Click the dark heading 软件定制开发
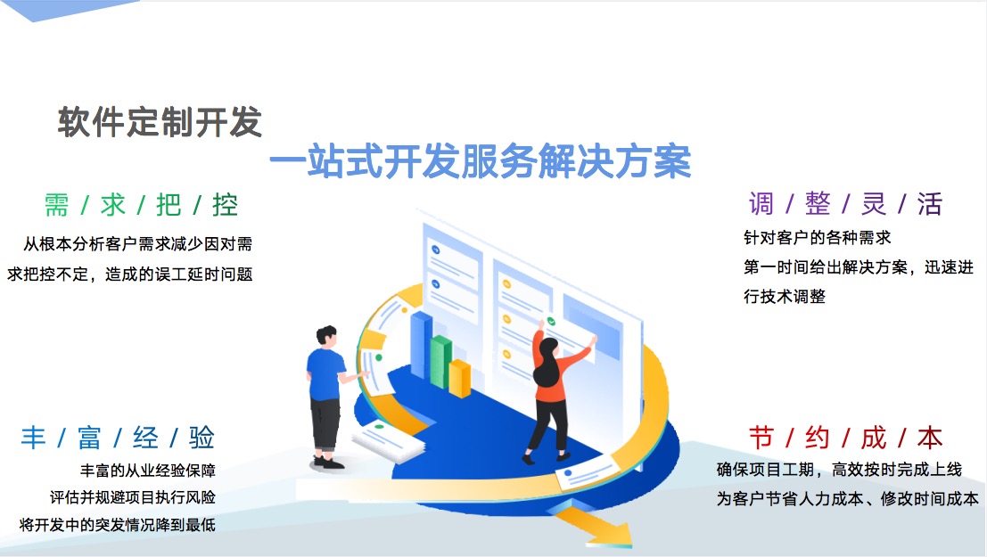160,121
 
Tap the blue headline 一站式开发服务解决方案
481,161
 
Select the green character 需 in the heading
57,205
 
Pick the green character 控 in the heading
226,205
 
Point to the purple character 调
761,204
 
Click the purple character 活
930,204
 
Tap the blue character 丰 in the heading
33,438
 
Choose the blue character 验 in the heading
202,438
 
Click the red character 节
761,438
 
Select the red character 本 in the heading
930,438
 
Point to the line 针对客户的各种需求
817,238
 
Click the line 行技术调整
785,297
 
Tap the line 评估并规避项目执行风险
133,497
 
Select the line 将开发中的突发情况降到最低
117,524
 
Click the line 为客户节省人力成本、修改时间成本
847,498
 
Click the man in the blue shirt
327,397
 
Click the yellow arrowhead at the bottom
601,528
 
